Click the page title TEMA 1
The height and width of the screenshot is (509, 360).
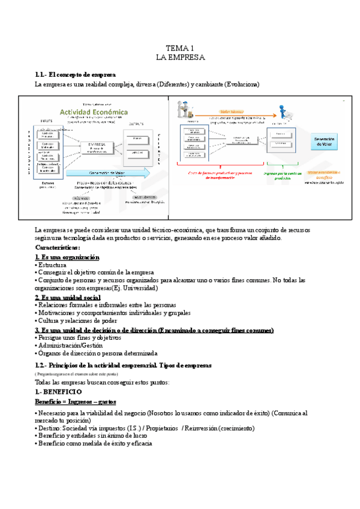[x=180, y=48]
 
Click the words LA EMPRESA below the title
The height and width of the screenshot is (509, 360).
[x=180, y=58]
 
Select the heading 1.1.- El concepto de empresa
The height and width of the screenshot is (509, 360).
[x=71, y=74]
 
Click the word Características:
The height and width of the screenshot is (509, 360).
[x=58, y=248]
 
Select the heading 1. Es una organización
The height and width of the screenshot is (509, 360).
[x=67, y=257]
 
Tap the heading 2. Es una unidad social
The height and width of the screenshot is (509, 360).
[x=68, y=297]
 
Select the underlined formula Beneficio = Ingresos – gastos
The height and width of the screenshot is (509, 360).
[x=76, y=402]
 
